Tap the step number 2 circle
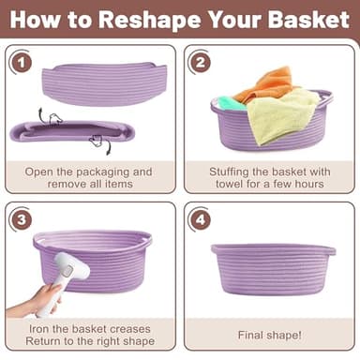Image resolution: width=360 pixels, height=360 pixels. [200, 64]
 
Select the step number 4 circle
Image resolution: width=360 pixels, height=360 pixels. [200, 222]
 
